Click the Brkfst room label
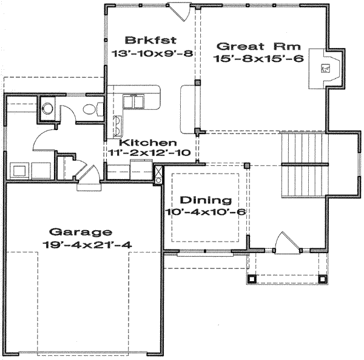pyautogui.click(x=151, y=41)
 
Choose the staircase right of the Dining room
pyautogui.click(x=303, y=163)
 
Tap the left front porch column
pyautogui.click(x=252, y=279)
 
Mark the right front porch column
pyautogui.click(x=322, y=279)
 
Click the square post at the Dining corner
pyautogui.click(x=247, y=165)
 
